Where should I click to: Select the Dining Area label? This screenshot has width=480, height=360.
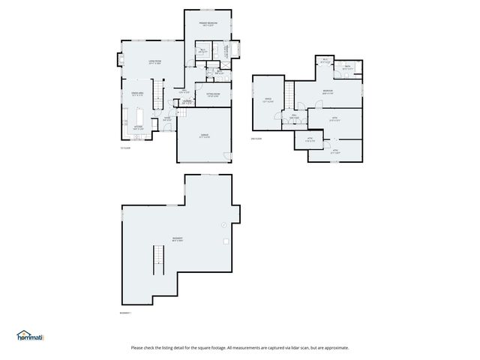click(138, 93)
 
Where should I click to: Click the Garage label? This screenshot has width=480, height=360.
click(204, 135)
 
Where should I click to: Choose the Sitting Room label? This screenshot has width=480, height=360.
click(212, 94)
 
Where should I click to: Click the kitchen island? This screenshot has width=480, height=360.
click(140, 117)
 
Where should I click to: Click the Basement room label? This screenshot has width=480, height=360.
click(178, 240)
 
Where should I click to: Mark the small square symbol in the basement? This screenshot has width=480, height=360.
click(225, 240)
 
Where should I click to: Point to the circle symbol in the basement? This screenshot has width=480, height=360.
click(223, 225)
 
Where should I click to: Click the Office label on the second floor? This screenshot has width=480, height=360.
click(268, 99)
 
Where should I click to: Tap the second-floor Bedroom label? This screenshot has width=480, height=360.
click(328, 91)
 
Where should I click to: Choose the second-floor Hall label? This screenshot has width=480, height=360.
click(295, 116)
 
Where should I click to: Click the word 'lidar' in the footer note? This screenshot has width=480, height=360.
click(300, 347)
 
